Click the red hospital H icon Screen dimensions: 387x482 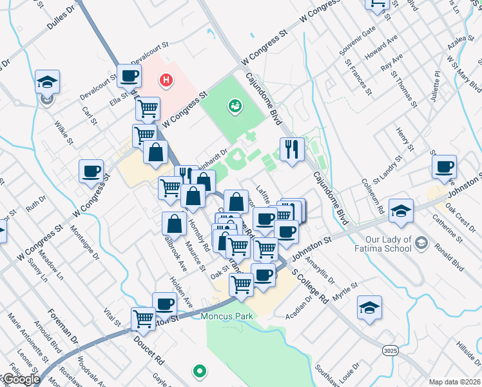[x=166, y=81]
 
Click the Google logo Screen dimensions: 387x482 [x=21, y=379]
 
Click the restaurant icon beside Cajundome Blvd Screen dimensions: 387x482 [x=292, y=148]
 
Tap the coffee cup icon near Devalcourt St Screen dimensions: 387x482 [x=129, y=75]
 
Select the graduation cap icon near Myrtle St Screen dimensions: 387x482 [x=369, y=307]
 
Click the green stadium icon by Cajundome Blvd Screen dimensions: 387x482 [x=234, y=104]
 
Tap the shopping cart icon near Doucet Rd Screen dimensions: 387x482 [x=143, y=317]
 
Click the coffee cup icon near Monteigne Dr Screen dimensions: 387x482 [x=91, y=171]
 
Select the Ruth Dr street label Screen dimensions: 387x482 [x=35, y=205]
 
